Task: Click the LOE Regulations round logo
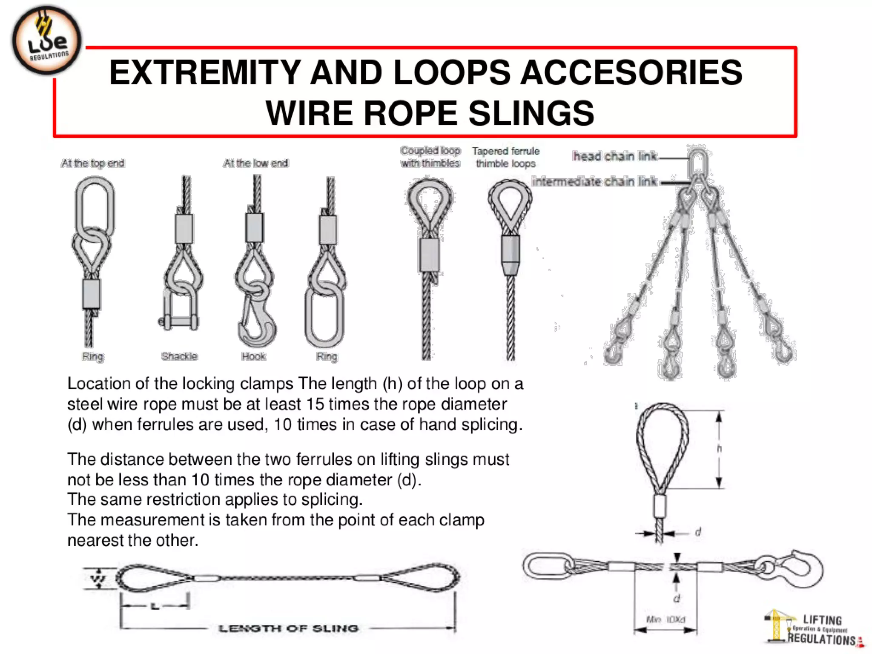46,40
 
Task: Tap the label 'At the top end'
93,163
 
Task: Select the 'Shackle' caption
179,356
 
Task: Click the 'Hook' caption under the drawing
254,356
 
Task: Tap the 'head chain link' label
615,156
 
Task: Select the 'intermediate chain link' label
595,182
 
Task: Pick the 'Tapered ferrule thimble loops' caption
506,157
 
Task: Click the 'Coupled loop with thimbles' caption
430,157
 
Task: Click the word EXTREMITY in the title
204,72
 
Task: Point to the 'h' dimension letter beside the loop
719,449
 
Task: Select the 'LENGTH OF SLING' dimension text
288,628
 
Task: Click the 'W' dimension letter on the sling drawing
98,579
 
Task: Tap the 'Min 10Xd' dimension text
665,620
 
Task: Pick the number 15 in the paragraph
315,404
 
